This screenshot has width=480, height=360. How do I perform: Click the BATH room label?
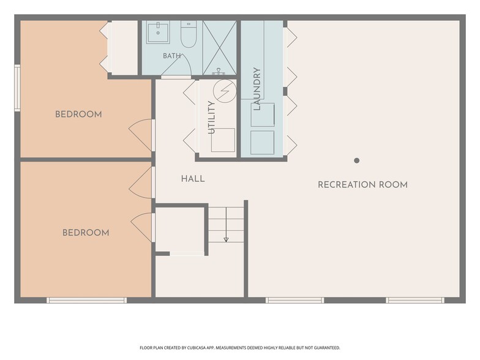click(171, 56)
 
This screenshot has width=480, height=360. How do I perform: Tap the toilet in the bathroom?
click(189, 34)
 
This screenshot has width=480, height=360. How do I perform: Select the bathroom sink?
click(158, 32)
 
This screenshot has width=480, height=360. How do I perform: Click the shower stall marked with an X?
click(219, 48)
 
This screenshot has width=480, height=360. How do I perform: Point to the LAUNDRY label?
click(257, 89)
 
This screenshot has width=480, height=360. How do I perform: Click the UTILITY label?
click(211, 118)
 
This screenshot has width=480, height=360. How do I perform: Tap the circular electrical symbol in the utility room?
click(225, 91)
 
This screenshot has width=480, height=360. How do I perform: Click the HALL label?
click(193, 179)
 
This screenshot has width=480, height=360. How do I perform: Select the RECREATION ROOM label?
click(362, 185)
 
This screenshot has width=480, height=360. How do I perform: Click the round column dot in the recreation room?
click(356, 160)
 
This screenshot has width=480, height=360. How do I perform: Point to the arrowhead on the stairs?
click(227, 240)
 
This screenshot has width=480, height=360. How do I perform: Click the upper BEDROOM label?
click(78, 114)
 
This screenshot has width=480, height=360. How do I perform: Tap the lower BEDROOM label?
click(86, 233)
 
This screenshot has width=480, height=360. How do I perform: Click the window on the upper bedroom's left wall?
click(17, 88)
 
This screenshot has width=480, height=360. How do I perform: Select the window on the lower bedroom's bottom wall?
click(87, 300)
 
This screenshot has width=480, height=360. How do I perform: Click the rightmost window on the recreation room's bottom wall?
click(415, 300)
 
